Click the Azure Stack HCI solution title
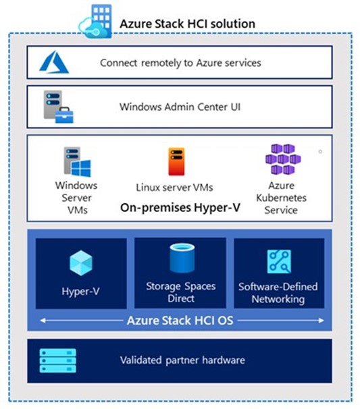coord(187,24)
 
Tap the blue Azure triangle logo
coord(54,62)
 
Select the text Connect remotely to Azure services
coord(180,63)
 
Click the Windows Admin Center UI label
coord(180,107)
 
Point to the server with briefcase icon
coord(58,107)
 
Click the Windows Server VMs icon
coord(77,162)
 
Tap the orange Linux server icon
coord(176,161)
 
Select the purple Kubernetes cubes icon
coord(283,159)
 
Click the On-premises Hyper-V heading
coord(180,208)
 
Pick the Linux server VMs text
coord(174,187)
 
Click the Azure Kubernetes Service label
coord(281,198)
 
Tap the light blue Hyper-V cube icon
coord(81,263)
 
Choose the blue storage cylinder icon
coord(182,258)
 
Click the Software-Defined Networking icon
coord(279,261)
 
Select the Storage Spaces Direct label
coord(181,292)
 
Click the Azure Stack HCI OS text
coord(180,321)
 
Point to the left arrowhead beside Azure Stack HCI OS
coord(43,321)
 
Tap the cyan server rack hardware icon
coord(58,361)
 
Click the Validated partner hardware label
coord(182,360)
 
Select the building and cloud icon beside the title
coord(96,22)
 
